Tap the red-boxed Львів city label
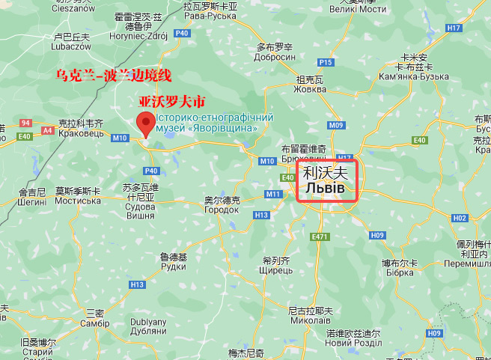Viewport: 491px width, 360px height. coord(329,180)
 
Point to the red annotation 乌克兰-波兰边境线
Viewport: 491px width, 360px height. coord(114,76)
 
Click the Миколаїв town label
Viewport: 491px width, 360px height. coord(310,320)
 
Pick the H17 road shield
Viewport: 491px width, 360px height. coord(454,28)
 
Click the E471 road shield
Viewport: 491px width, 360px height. coord(320,237)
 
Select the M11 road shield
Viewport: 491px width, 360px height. coord(272,195)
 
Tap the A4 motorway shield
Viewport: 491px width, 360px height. coord(48,130)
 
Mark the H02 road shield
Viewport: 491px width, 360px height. coord(460,218)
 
